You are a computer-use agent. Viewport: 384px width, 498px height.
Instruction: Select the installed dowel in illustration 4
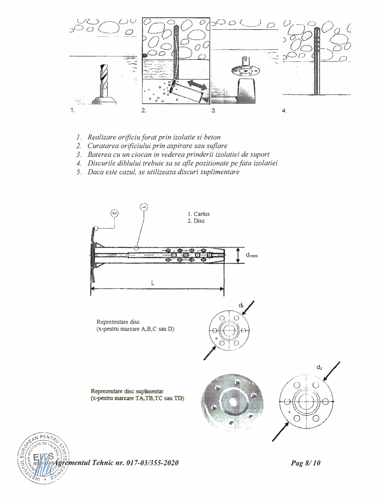click(317, 63)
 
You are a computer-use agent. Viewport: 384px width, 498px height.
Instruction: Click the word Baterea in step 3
click(96, 154)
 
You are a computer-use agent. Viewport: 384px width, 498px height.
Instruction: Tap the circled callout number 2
click(114, 213)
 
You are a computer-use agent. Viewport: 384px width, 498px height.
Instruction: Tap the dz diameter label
click(320, 367)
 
